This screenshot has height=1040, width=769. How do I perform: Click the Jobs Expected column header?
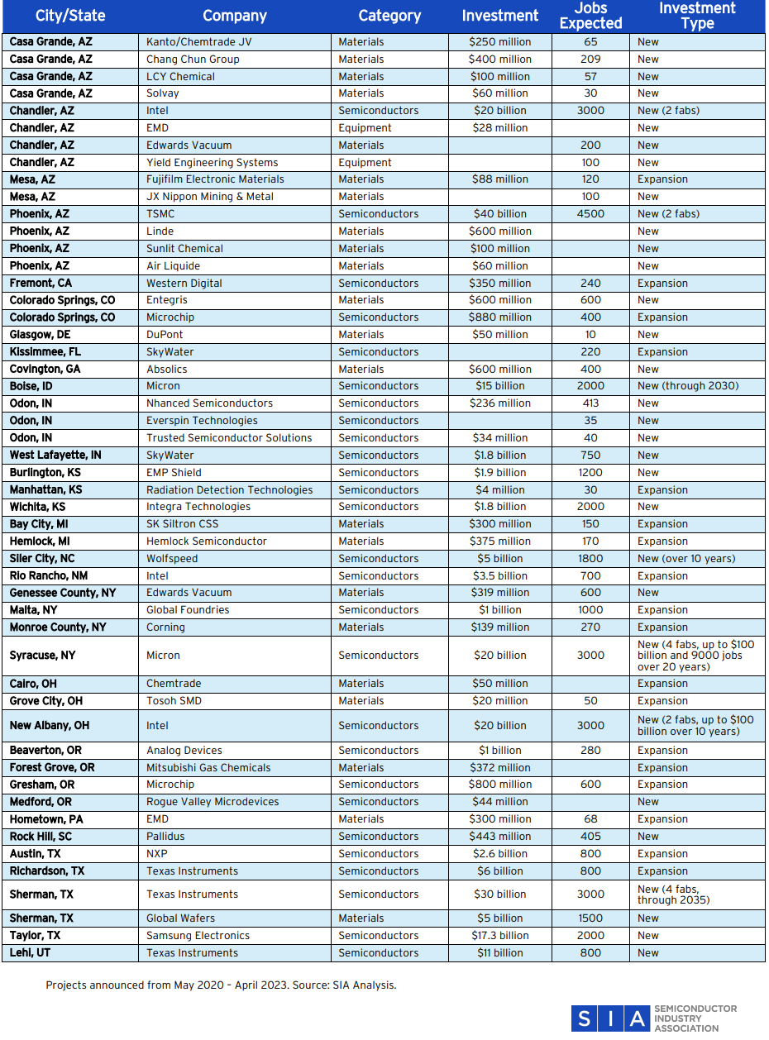590,16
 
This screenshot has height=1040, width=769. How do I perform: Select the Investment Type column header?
697,16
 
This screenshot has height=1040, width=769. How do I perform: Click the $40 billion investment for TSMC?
499,214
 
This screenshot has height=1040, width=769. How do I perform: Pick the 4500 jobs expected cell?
590,214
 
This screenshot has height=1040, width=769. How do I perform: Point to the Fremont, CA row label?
41,283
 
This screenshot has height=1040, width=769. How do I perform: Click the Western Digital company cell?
184,283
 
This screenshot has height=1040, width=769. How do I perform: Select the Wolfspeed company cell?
172,559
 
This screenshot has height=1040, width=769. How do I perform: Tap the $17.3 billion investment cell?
499,936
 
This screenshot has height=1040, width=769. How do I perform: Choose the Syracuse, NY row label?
42,656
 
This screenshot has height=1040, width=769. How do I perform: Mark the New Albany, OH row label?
49,726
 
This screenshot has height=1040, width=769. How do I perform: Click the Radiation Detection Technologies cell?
229,490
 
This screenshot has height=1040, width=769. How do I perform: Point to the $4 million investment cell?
499,490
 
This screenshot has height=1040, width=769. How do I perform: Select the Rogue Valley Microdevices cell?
213,802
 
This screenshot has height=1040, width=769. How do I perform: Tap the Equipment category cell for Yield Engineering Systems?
365,163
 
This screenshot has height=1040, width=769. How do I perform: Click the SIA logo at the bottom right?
653,1018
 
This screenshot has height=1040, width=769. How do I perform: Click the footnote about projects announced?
221,985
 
